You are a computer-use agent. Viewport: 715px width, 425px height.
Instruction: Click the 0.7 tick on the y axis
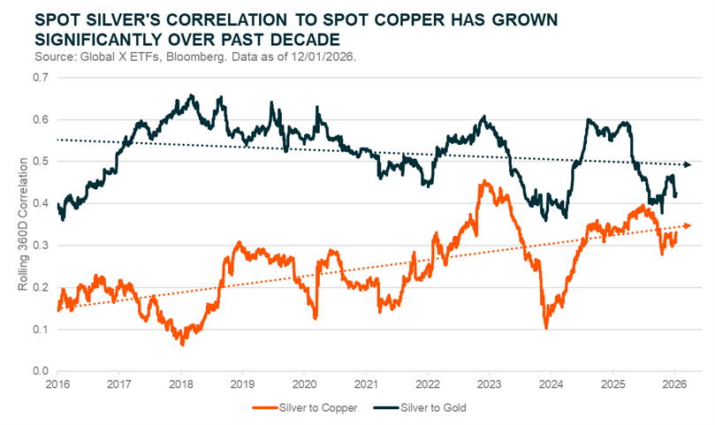(x=40, y=78)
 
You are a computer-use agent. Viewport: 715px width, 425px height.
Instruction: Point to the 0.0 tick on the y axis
(x=40, y=372)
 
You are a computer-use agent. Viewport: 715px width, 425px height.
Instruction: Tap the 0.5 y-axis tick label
(x=40, y=162)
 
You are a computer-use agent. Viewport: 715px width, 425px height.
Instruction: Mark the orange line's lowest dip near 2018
(x=182, y=343)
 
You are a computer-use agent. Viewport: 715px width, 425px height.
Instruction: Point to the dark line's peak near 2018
(x=192, y=95)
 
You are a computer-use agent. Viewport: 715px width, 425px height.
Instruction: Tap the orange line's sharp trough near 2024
(x=546, y=328)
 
